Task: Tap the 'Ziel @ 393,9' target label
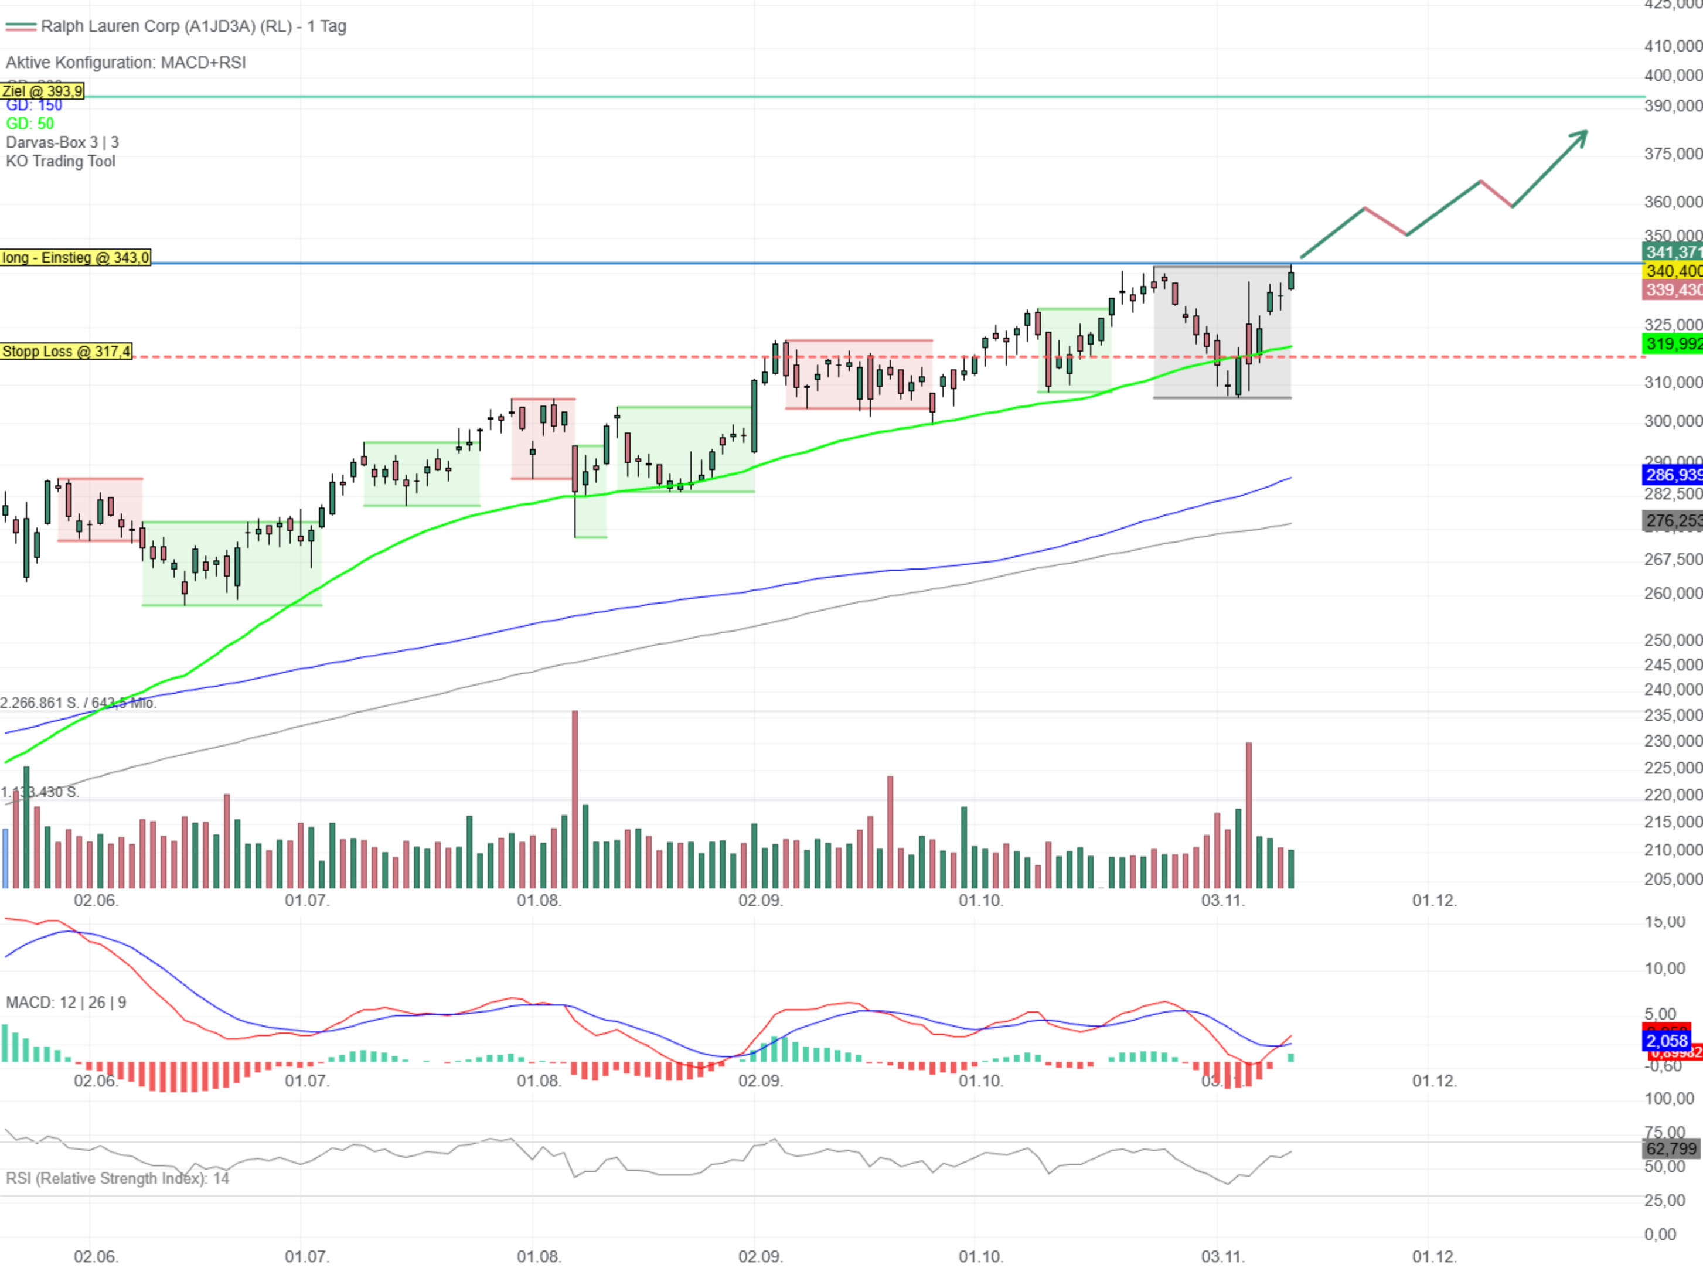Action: pyautogui.click(x=42, y=91)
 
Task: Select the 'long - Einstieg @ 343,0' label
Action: pyautogui.click(x=75, y=258)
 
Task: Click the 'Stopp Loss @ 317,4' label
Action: pyautogui.click(x=66, y=352)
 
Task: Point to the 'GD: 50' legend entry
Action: pyautogui.click(x=30, y=124)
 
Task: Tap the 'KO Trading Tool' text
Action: pyautogui.click(x=60, y=161)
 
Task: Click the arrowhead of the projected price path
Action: pyautogui.click(x=1581, y=136)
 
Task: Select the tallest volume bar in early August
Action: pyautogui.click(x=575, y=798)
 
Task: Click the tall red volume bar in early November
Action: pyautogui.click(x=1249, y=814)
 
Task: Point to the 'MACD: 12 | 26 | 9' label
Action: pyautogui.click(x=66, y=1003)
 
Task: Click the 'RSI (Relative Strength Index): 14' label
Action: pyautogui.click(x=117, y=1178)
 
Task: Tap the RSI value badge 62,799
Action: pyautogui.click(x=1671, y=1148)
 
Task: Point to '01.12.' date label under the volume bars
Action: pyautogui.click(x=1433, y=901)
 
